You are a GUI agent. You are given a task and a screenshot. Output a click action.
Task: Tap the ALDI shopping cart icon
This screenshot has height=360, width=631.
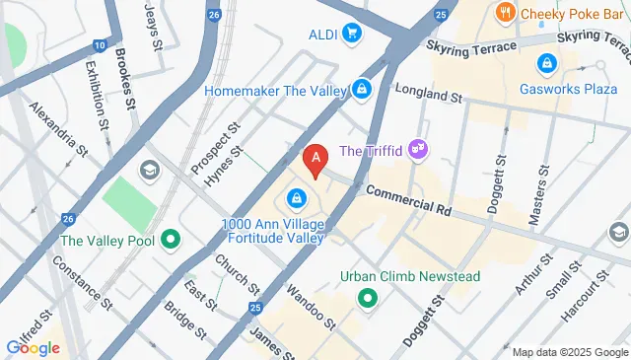[x=352, y=35]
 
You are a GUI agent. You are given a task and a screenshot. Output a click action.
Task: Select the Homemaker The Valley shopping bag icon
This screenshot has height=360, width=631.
[x=363, y=90]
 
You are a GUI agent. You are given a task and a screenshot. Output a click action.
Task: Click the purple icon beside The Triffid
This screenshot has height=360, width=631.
[x=419, y=150]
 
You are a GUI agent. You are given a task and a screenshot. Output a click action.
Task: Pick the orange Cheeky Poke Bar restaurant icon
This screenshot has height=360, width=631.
[x=506, y=13]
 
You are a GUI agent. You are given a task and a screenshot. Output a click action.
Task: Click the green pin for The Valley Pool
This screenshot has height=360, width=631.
[x=170, y=239]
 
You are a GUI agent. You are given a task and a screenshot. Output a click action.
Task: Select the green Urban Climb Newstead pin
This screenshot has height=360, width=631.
[x=369, y=297]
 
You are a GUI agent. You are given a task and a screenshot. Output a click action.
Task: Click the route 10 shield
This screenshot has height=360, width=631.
[x=100, y=46]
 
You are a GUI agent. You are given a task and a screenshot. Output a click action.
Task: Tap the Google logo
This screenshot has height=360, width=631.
[x=33, y=346]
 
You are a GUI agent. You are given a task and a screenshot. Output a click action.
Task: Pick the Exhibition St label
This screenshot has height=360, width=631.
[x=97, y=95]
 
